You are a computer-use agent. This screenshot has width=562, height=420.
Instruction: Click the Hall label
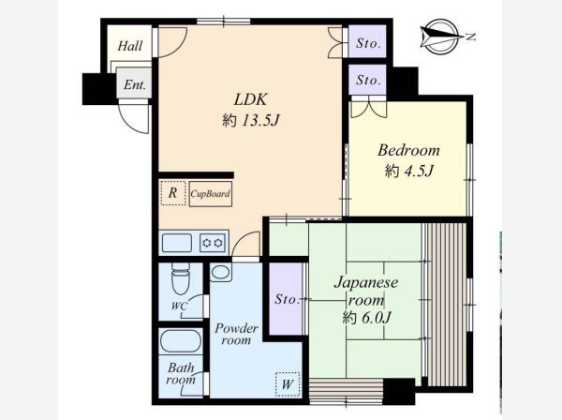130,46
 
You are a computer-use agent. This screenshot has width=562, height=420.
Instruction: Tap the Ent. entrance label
135,85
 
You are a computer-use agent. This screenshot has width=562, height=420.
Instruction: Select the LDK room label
250,99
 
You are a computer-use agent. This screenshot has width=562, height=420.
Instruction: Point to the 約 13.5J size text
250,121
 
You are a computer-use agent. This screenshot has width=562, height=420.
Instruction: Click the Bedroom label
408,150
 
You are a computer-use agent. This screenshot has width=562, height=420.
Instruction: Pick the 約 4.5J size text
409,171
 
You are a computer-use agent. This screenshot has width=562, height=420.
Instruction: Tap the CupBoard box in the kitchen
211,194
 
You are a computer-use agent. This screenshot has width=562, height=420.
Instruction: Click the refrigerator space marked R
173,193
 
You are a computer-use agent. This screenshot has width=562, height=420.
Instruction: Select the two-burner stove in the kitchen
213,243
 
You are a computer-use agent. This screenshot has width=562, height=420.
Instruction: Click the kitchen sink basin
177,243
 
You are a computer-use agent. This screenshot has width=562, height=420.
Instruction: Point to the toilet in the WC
181,278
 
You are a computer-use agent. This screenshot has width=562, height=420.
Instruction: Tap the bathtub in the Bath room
181,340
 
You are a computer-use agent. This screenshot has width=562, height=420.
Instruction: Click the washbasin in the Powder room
220,273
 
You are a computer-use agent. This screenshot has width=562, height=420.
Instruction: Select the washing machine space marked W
288,384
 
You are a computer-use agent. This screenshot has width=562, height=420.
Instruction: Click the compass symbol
441,37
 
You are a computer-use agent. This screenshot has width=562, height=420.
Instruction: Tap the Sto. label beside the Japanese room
288,299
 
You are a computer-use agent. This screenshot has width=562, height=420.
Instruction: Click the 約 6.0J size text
366,318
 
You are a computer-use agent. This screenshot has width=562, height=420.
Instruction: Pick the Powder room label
236,335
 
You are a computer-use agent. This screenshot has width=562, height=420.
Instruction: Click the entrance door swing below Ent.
133,118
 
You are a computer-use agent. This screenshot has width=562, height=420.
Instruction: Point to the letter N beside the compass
471,36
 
